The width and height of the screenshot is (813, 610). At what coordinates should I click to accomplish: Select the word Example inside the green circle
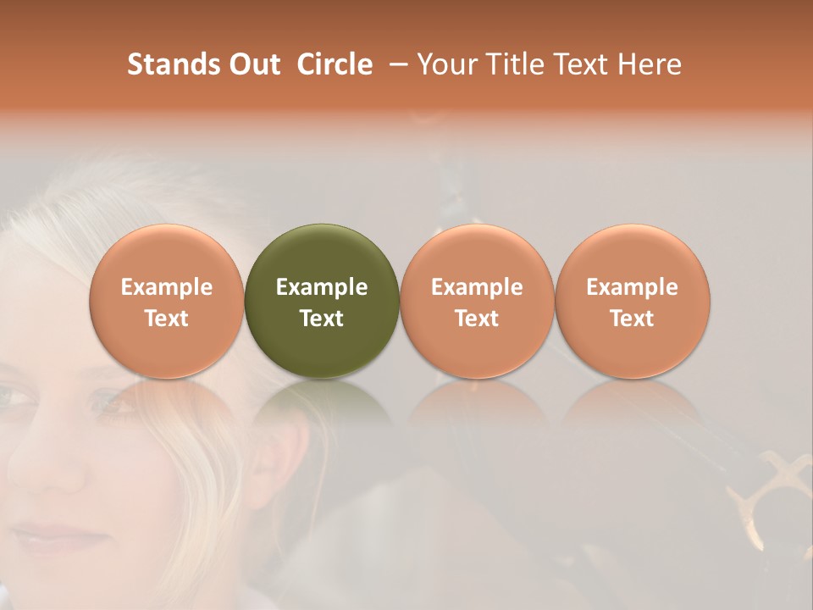tap(322, 287)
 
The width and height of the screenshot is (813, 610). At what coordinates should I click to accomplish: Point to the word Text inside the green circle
tap(322, 319)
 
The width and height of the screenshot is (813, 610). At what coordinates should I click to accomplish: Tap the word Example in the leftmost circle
tap(167, 287)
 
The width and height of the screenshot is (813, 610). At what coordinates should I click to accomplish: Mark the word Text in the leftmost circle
tap(167, 319)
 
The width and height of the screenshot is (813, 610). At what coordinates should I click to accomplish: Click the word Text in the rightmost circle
tap(633, 319)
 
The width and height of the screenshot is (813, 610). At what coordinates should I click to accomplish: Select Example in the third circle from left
tap(477, 287)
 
